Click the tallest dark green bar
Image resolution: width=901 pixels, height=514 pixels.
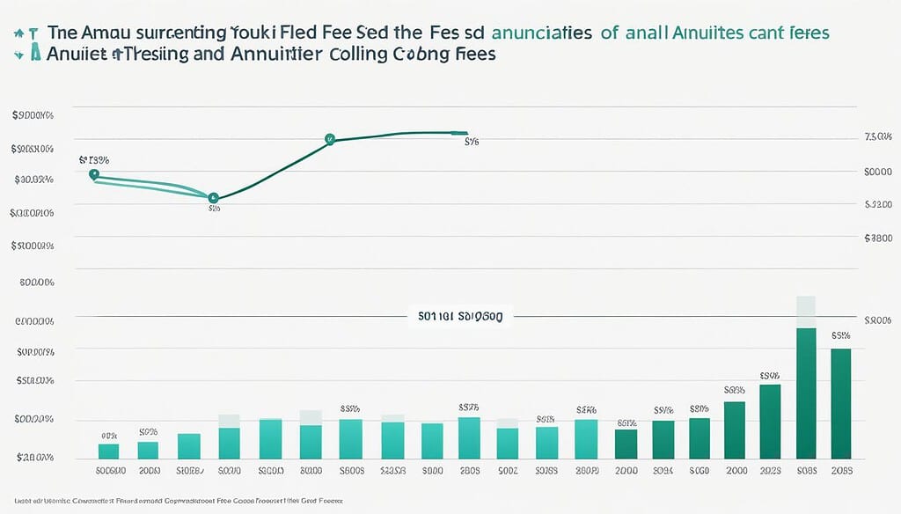coord(806,393)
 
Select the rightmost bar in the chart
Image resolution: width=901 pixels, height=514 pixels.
coord(840,403)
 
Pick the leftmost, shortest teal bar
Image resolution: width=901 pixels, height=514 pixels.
coord(108,451)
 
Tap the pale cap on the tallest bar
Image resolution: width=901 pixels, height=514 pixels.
coord(806,312)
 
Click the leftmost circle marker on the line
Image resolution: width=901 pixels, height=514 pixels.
coord(94,174)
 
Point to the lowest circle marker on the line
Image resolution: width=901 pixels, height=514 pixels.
coord(212,198)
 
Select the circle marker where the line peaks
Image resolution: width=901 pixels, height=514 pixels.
coord(330,138)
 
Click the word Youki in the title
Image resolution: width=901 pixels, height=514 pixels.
coord(256,32)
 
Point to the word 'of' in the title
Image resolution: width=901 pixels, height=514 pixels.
coord(609,32)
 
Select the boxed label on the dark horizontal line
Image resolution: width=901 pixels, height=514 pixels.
coord(459,315)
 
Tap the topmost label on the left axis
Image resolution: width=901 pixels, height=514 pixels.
coord(33,115)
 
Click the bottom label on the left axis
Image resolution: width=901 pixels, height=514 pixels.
coord(33,458)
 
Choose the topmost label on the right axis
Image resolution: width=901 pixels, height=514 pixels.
coord(878,138)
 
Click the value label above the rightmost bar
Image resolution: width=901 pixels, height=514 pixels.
coord(840,335)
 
